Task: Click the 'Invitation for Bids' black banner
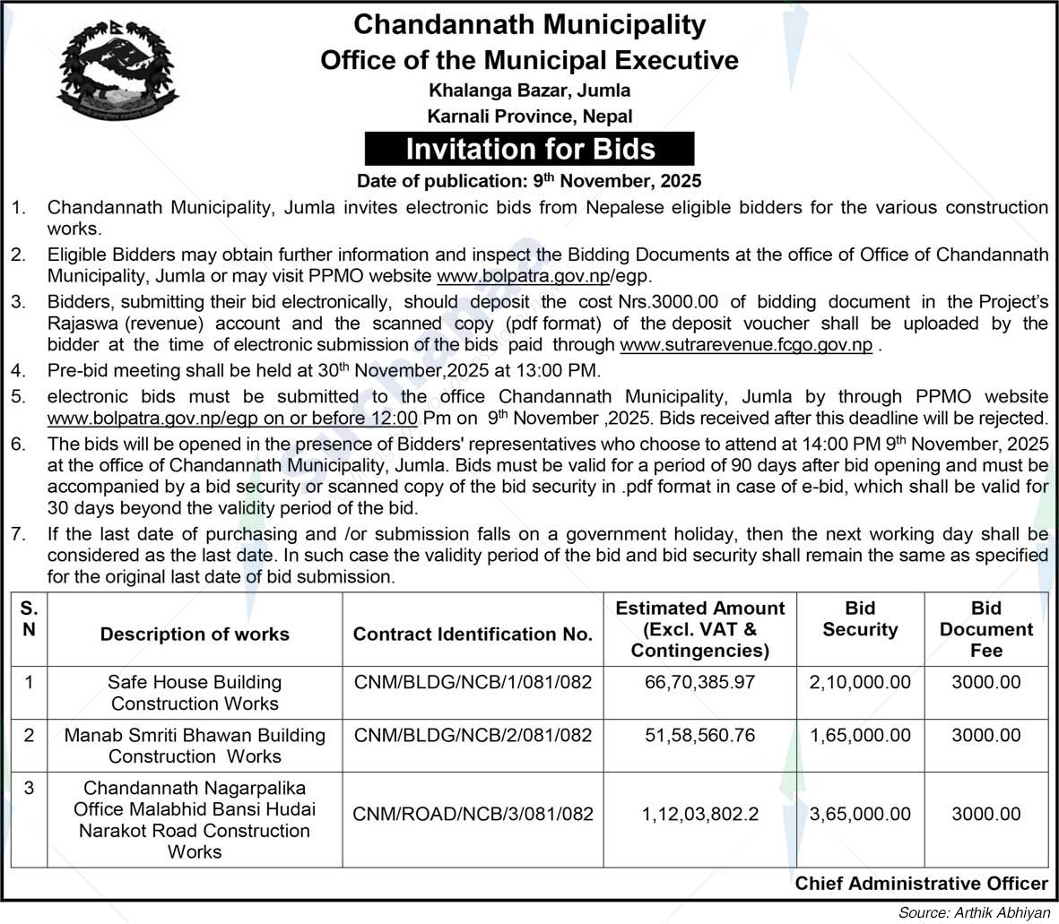(x=529, y=149)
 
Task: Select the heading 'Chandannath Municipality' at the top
(x=529, y=24)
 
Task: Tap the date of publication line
(x=529, y=180)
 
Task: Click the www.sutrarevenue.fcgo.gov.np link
(x=746, y=344)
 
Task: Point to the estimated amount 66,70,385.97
(x=699, y=682)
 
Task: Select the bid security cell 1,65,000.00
(x=859, y=735)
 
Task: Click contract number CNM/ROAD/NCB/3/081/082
(x=473, y=815)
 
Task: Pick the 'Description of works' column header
(x=195, y=635)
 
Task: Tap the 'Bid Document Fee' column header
(x=985, y=629)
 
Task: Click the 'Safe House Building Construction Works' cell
(x=195, y=693)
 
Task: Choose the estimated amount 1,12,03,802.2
(x=699, y=815)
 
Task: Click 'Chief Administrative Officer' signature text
(x=921, y=884)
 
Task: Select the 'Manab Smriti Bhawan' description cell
(x=195, y=746)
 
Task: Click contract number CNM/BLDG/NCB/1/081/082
(x=473, y=682)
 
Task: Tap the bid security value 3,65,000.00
(x=859, y=815)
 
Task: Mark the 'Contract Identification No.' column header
(x=473, y=635)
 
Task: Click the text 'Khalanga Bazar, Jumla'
(x=529, y=90)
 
